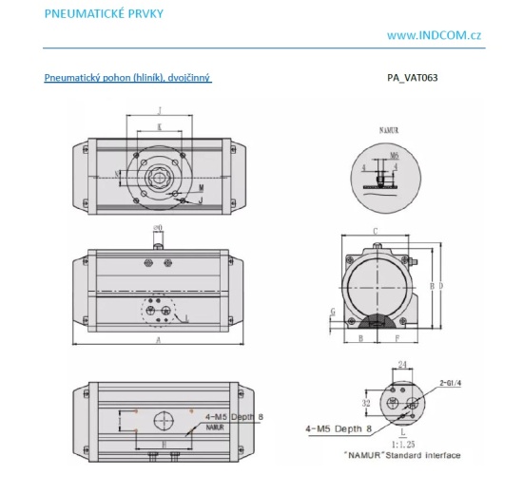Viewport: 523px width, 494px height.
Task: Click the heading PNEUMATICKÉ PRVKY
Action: pyautogui.click(x=93, y=13)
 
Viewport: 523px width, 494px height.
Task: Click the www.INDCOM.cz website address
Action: pyautogui.click(x=434, y=35)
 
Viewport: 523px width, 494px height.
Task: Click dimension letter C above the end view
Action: pyautogui.click(x=377, y=231)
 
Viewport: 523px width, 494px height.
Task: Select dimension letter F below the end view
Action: pyautogui.click(x=396, y=337)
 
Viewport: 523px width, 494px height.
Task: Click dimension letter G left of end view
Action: pyautogui.click(x=332, y=311)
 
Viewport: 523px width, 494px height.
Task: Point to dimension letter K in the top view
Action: pyautogui.click(x=159, y=126)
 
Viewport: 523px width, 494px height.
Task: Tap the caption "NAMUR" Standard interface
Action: pyautogui.click(x=403, y=456)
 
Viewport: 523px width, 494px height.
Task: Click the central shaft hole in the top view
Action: pyautogui.click(x=157, y=175)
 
